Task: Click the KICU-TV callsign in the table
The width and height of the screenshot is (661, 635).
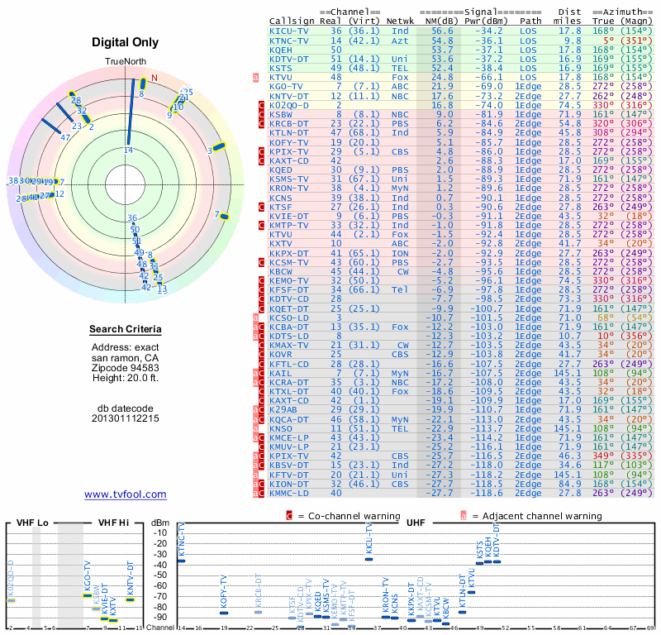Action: click(289, 31)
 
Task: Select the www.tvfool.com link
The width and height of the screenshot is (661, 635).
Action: click(126, 494)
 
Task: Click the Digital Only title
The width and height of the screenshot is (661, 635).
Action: click(126, 42)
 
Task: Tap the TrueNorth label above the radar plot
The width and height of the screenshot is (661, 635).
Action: click(126, 62)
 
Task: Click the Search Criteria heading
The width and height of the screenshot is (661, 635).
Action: click(126, 330)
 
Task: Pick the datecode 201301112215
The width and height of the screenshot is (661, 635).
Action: click(126, 418)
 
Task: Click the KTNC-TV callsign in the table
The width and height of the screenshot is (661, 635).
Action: click(289, 40)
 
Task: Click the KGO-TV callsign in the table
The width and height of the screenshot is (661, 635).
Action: click(287, 86)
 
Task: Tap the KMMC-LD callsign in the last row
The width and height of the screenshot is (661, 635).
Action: click(289, 493)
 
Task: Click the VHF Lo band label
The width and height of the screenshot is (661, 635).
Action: click(31, 523)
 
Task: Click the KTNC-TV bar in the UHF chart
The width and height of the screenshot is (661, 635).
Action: click(182, 561)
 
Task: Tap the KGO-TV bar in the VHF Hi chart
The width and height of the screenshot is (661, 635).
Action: click(88, 596)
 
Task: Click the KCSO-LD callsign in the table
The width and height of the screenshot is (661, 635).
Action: click(289, 317)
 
